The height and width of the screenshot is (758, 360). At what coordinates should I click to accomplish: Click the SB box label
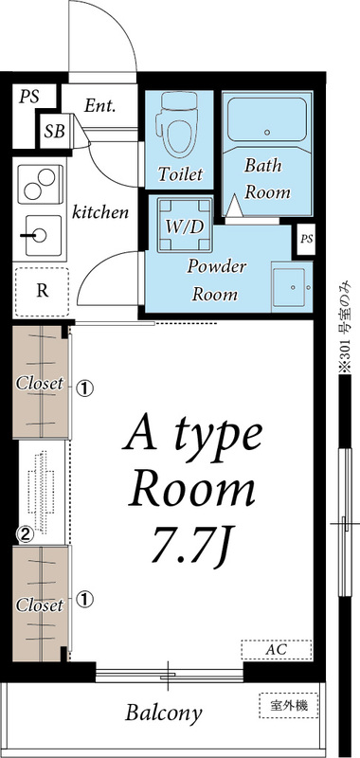click(x=54, y=132)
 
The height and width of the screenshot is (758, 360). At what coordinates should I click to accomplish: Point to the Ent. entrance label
click(x=99, y=105)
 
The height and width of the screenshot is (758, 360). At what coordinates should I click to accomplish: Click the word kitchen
click(x=100, y=212)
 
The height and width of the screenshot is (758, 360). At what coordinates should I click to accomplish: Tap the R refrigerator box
click(x=43, y=290)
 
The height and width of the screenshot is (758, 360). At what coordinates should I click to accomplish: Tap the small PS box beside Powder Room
click(x=306, y=238)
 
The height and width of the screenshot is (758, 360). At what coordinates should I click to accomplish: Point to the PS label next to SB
click(x=28, y=97)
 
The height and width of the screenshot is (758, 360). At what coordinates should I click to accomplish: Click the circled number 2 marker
click(x=27, y=533)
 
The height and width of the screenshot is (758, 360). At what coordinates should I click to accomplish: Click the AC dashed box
click(x=276, y=649)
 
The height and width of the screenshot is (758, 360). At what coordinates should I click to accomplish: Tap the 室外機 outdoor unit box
click(x=289, y=705)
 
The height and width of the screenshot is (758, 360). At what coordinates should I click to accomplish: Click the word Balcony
click(x=164, y=713)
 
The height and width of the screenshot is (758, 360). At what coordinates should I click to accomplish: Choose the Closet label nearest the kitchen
click(x=40, y=384)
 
